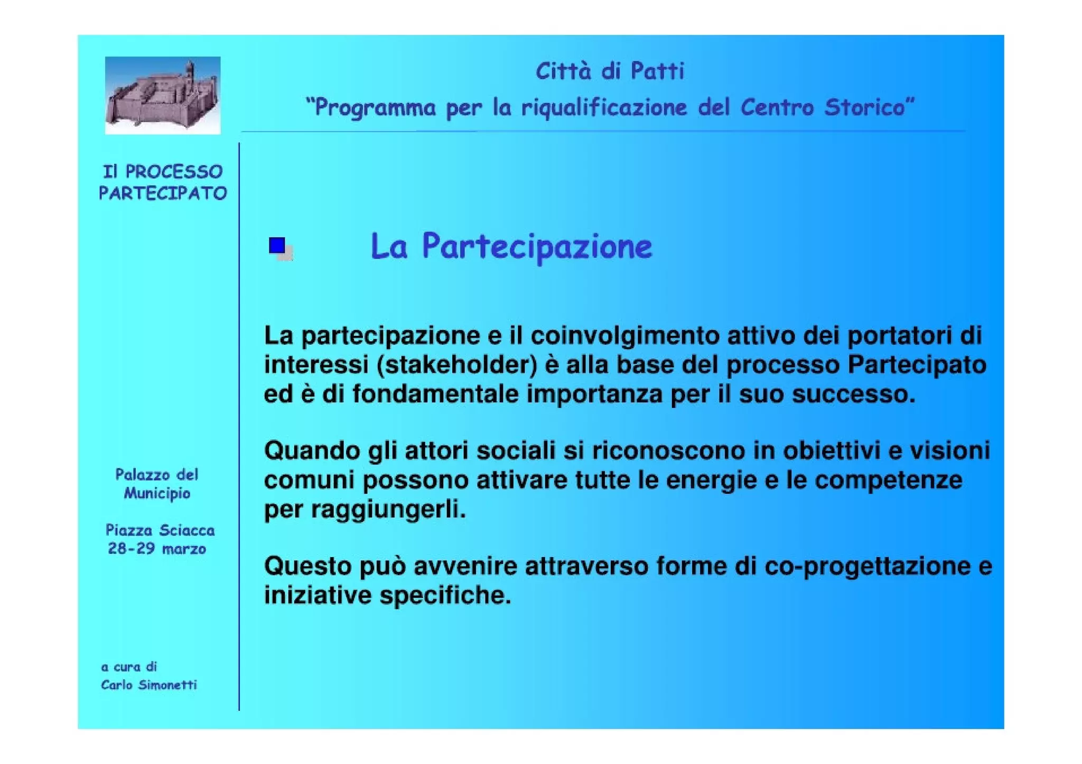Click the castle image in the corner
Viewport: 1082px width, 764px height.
point(162,95)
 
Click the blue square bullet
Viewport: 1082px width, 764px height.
point(277,246)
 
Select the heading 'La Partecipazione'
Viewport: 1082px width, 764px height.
point(511,247)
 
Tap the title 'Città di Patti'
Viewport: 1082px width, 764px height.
point(610,71)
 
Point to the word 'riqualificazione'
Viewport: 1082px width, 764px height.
point(604,108)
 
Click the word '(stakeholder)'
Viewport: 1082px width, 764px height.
point(457,365)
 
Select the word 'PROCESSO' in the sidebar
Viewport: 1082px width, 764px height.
point(174,172)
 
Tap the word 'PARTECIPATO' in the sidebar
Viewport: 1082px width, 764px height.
point(163,193)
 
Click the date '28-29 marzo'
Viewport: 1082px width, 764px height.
point(157,549)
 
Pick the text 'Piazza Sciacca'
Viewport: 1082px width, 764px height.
point(160,530)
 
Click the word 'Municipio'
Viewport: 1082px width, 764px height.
point(157,494)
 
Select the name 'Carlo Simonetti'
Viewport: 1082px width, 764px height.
point(149,685)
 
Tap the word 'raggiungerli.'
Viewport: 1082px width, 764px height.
point(388,510)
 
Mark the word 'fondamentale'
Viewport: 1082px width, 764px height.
point(435,394)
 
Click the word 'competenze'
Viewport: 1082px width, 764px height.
point(888,480)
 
